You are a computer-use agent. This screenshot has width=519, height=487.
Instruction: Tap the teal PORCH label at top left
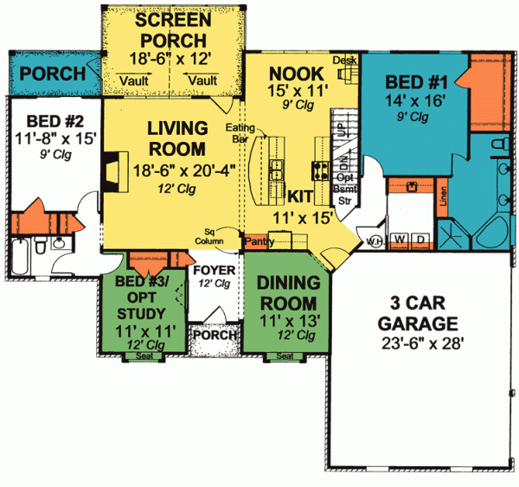click(x=52, y=74)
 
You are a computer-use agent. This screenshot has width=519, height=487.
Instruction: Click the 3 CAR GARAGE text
click(x=416, y=314)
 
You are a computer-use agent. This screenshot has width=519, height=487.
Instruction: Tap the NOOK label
click(x=296, y=73)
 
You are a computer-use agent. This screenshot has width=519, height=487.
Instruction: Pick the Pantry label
click(x=260, y=241)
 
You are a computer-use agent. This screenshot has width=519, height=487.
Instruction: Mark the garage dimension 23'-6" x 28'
click(x=416, y=341)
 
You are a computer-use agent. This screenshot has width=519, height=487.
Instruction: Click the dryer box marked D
click(x=421, y=239)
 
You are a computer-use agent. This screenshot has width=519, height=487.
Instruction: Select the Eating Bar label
click(x=240, y=133)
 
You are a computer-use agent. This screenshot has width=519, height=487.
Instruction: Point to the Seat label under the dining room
click(x=284, y=356)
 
